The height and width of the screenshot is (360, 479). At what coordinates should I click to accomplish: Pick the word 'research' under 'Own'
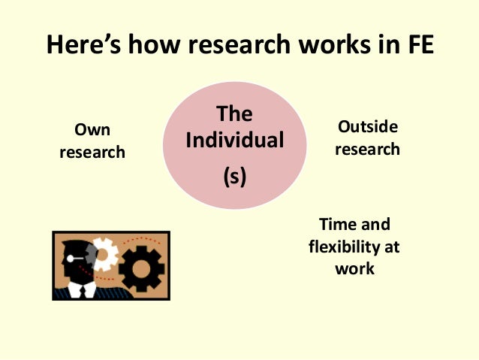pyautogui.click(x=92, y=152)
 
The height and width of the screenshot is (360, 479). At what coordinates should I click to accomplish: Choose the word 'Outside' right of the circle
pyautogui.click(x=368, y=126)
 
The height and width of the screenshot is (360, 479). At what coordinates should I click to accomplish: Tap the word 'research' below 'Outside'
pyautogui.click(x=368, y=148)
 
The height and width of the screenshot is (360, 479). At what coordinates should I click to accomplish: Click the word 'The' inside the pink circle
pyautogui.click(x=234, y=114)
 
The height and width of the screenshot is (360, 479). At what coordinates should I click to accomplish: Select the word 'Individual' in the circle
pyautogui.click(x=234, y=141)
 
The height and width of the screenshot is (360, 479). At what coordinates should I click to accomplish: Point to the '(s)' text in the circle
pyautogui.click(x=234, y=177)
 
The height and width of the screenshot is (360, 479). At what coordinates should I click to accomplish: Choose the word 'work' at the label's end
pyautogui.click(x=354, y=268)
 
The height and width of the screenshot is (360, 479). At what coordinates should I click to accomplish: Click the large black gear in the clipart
pyautogui.click(x=141, y=267)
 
